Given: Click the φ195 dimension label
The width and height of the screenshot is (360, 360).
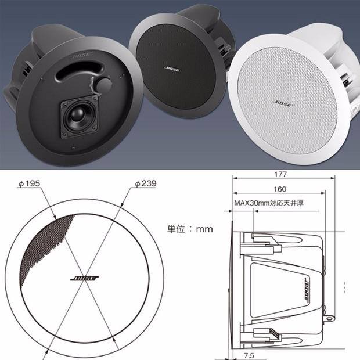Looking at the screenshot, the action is (x=29, y=183).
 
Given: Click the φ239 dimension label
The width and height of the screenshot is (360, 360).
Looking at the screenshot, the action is (x=146, y=183).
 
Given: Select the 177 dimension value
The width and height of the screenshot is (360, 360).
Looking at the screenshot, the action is (x=280, y=174).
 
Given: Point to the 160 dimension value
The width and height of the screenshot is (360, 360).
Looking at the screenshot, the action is (x=280, y=189).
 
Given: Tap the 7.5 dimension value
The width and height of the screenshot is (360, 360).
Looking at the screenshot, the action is (x=249, y=355).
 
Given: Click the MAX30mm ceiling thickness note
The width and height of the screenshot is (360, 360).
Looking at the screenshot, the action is (x=269, y=203).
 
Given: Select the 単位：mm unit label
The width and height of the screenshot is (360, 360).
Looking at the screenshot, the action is (x=190, y=229).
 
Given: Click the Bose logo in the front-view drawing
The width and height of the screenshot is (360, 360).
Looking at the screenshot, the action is (x=84, y=278).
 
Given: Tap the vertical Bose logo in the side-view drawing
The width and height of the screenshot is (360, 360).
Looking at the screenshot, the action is (x=306, y=289).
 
